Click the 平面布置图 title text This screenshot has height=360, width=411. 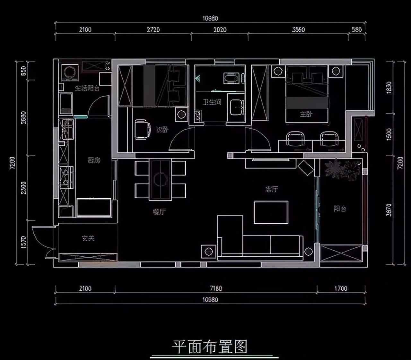pyautogui.click(x=210, y=347)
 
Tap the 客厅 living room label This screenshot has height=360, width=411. pyautogui.click(x=272, y=189)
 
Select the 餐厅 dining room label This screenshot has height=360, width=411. pyautogui.click(x=159, y=212)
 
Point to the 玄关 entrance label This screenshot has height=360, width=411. pyautogui.click(x=88, y=238)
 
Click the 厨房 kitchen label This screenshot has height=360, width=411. pyautogui.click(x=94, y=160)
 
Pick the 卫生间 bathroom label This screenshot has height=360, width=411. pyautogui.click(x=212, y=102)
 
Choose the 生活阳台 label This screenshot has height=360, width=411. pyautogui.click(x=87, y=88)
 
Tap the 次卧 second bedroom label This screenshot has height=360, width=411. pyautogui.click(x=162, y=130)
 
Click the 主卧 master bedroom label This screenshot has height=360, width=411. pyautogui.click(x=306, y=114)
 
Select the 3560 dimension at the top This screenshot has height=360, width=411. pyautogui.click(x=298, y=30)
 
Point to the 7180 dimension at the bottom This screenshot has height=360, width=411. pyautogui.click(x=216, y=288)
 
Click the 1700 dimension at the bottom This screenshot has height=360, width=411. pyautogui.click(x=341, y=288)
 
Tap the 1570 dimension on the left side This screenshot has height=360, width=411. pyautogui.click(x=23, y=242)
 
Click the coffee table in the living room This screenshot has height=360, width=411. pyautogui.click(x=271, y=212)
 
